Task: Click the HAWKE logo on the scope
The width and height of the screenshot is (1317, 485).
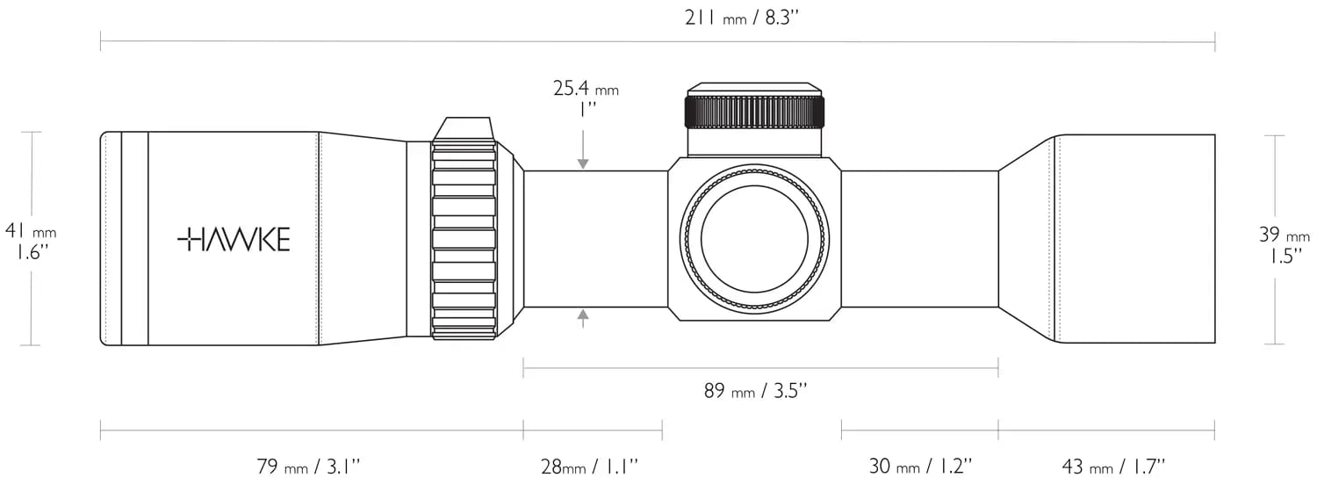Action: coord(234,240)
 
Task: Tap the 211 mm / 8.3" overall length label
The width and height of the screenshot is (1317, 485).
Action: coord(742,18)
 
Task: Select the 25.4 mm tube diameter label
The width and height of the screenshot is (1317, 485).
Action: coord(586,88)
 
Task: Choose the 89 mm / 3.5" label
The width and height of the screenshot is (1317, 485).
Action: coord(756,390)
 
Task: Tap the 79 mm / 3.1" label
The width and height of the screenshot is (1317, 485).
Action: coord(308,467)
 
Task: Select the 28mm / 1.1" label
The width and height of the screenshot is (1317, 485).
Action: coord(589,467)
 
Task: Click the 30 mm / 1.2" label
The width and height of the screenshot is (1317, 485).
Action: coord(921,467)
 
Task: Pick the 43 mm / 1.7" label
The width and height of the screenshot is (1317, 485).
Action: coord(1113,467)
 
